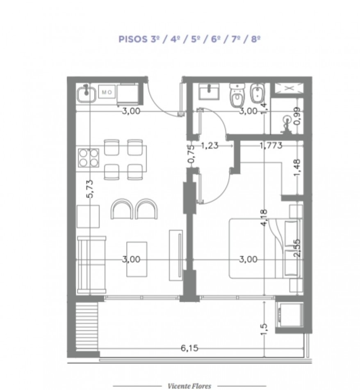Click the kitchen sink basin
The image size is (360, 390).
click(86, 94)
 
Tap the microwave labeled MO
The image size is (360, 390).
click(107, 92)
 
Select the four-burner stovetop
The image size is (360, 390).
click(89, 158)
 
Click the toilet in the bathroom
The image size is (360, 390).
click(237, 96)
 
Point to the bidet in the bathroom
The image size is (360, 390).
click(256, 93)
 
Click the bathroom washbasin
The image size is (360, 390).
click(209, 91)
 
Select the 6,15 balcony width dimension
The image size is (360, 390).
click(189, 348)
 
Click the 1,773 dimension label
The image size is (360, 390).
click(271, 145)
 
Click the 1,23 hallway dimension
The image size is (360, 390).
click(210, 145)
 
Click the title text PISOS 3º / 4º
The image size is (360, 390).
click(148, 39)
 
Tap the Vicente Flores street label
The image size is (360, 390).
click(189, 386)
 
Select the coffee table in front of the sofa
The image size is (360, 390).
click(137, 259)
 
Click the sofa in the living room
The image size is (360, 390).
click(92, 265)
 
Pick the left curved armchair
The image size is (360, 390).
click(121, 209)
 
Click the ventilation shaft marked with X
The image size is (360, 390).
click(289, 88)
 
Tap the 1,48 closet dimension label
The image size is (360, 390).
click(297, 167)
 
